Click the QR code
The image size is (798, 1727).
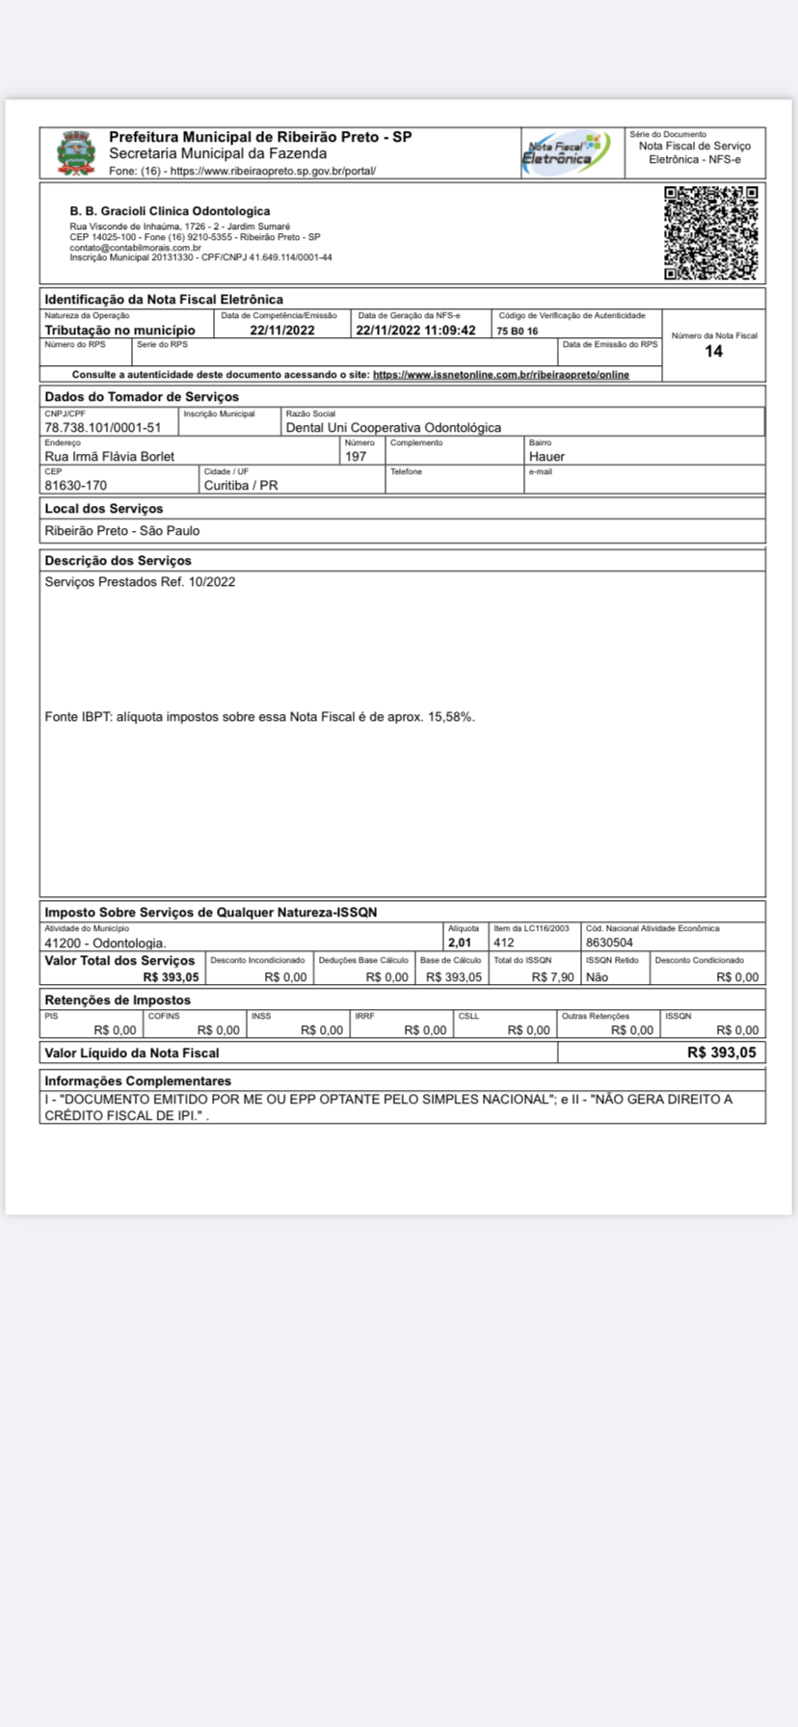pos(711,233)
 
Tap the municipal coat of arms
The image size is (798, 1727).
pos(75,153)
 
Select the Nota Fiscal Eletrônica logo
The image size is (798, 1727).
pos(567,152)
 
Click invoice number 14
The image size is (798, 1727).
pos(713,351)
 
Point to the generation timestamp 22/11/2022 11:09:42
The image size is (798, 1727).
pos(415,330)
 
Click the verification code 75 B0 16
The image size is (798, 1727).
pos(518,331)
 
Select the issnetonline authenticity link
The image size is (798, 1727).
pos(501,374)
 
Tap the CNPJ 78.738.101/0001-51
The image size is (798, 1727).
pos(103,427)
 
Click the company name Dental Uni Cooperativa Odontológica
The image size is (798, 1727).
pos(393,427)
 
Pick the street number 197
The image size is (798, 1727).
pos(356,456)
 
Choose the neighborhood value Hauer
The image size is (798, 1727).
pos(546,456)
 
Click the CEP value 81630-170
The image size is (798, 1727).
pos(75,485)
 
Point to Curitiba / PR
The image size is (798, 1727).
pos(241,485)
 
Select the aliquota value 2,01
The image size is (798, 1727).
pos(460,943)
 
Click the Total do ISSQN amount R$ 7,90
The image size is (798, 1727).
pos(553,976)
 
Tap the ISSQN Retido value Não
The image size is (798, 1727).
pos(597,976)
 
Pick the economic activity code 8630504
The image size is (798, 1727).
pos(609,943)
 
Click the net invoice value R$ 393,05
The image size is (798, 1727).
pos(722,1052)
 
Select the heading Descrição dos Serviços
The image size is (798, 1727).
pos(118,560)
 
